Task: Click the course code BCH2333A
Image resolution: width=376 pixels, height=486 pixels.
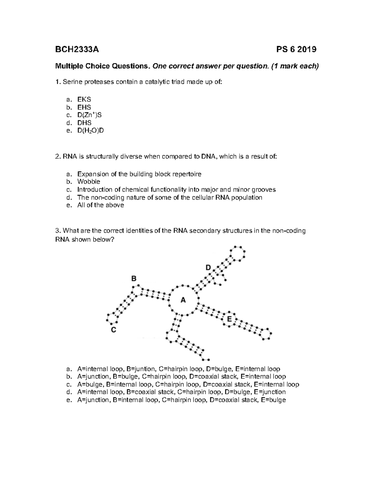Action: point(77,49)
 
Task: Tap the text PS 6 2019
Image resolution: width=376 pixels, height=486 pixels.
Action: point(296,49)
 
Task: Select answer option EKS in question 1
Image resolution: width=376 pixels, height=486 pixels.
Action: point(84,100)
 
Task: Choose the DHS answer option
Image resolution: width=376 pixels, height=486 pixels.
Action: point(84,123)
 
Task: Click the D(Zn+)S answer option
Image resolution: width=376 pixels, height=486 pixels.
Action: point(89,115)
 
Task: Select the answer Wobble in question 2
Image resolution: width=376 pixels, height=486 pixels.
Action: point(89,182)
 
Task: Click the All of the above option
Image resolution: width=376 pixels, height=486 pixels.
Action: point(101,205)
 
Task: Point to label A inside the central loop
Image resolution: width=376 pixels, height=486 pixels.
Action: point(183,300)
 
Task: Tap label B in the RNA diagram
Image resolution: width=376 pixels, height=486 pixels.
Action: point(134,278)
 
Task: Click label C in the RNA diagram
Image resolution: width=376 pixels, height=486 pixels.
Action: point(114,330)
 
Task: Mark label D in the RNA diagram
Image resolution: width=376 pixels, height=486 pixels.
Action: point(208,268)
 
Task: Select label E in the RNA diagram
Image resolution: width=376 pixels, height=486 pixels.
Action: point(229,319)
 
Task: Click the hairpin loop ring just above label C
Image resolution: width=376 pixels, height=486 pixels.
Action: point(112,318)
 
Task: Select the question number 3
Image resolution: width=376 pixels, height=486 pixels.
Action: point(57,231)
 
